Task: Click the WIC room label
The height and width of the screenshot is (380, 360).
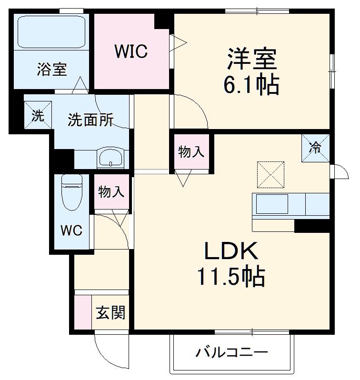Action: point(130,51)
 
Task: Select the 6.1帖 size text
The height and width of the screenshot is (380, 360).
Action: point(251,86)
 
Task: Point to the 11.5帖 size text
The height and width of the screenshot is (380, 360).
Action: point(232,276)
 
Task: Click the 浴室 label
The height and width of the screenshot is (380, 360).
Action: point(52,70)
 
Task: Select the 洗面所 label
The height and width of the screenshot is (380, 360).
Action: point(90,120)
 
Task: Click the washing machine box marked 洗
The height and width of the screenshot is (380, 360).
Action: point(38,116)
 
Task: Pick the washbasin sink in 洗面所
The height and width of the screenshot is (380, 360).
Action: point(110,157)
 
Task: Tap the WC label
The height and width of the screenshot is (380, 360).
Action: point(71,231)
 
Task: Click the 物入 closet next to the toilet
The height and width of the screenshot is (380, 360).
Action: point(111,192)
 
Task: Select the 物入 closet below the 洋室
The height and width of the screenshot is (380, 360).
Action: point(191,152)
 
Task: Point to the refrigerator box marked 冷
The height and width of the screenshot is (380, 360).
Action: point(315,148)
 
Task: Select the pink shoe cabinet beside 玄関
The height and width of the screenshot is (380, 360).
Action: point(82,312)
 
